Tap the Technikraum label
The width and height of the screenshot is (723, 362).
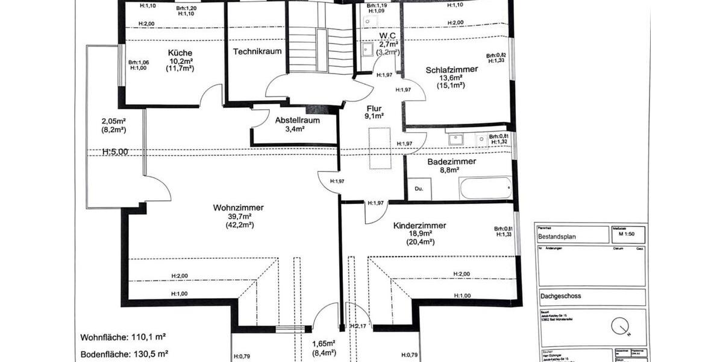[x=257, y=51]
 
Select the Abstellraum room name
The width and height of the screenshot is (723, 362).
[x=297, y=120]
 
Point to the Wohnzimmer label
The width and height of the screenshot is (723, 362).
[x=238, y=208]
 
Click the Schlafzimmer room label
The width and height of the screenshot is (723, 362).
[x=451, y=69]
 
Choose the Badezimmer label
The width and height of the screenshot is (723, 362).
[x=451, y=162]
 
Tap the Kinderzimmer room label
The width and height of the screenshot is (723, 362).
[x=419, y=226]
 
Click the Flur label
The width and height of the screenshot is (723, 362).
[x=374, y=109]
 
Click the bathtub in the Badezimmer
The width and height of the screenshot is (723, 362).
[x=485, y=188]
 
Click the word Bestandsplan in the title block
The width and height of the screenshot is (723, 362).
[x=558, y=237]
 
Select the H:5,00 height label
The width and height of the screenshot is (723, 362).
[x=115, y=152]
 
